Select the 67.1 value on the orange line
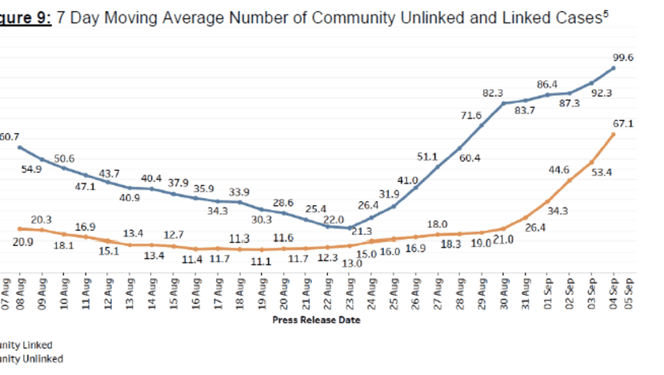click(624, 123)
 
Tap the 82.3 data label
click(494, 93)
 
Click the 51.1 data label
click(427, 155)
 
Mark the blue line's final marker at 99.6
click(614, 68)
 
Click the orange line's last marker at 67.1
click(614, 134)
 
